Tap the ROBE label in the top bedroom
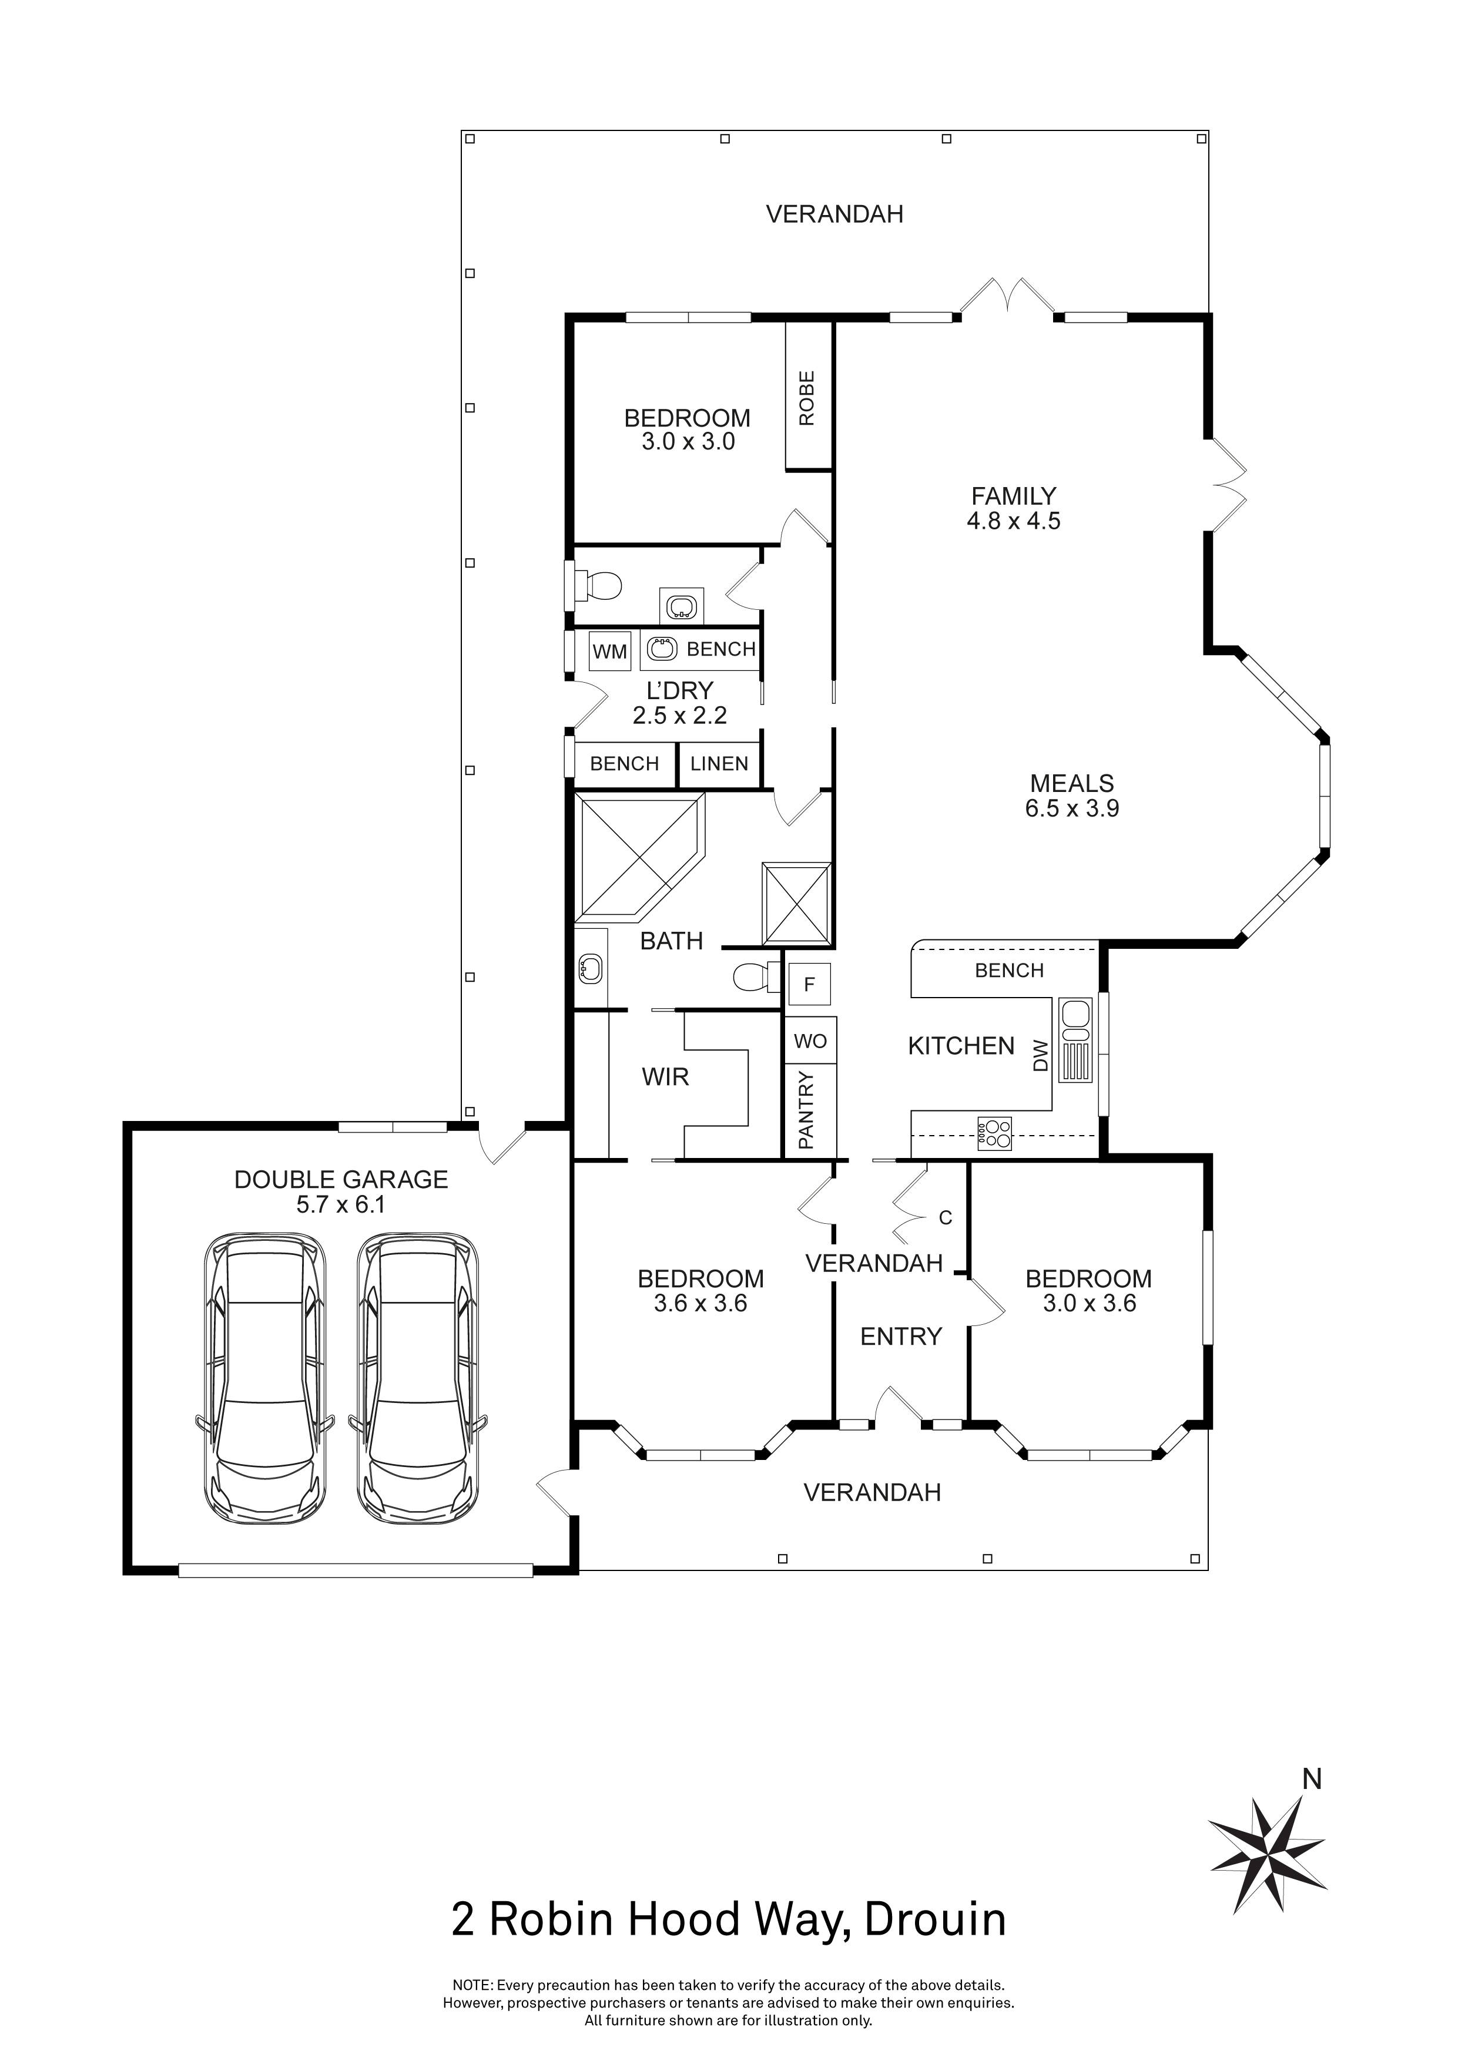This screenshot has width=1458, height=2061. pos(806,398)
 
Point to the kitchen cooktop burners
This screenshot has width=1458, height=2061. pos(994,1133)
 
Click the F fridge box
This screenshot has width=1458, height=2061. pos(809,985)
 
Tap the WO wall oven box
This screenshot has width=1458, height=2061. pos(810,1041)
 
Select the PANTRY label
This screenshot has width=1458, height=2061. pos(805,1110)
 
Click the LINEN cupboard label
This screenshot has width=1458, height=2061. pos(719,764)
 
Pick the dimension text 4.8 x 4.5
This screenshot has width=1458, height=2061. pos(1014,521)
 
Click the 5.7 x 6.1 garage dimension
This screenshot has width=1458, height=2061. pos(341,1204)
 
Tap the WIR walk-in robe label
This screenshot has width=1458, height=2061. pos(665,1077)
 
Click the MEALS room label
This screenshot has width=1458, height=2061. pos(1072,783)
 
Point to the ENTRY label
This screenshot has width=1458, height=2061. pos(900,1337)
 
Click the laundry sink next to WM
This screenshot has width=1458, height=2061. pos(662,649)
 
